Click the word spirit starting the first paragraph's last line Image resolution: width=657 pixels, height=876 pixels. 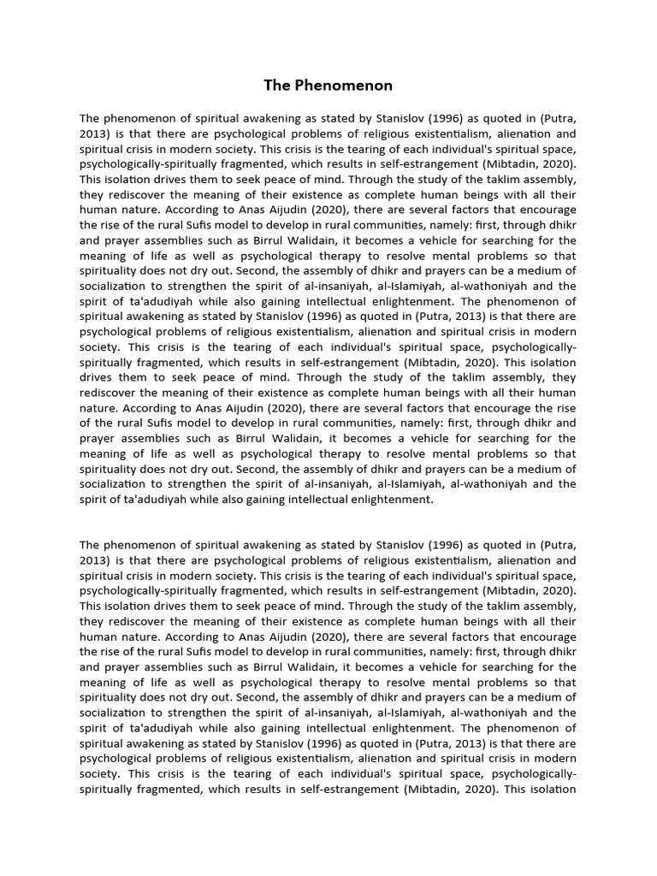[95, 500]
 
